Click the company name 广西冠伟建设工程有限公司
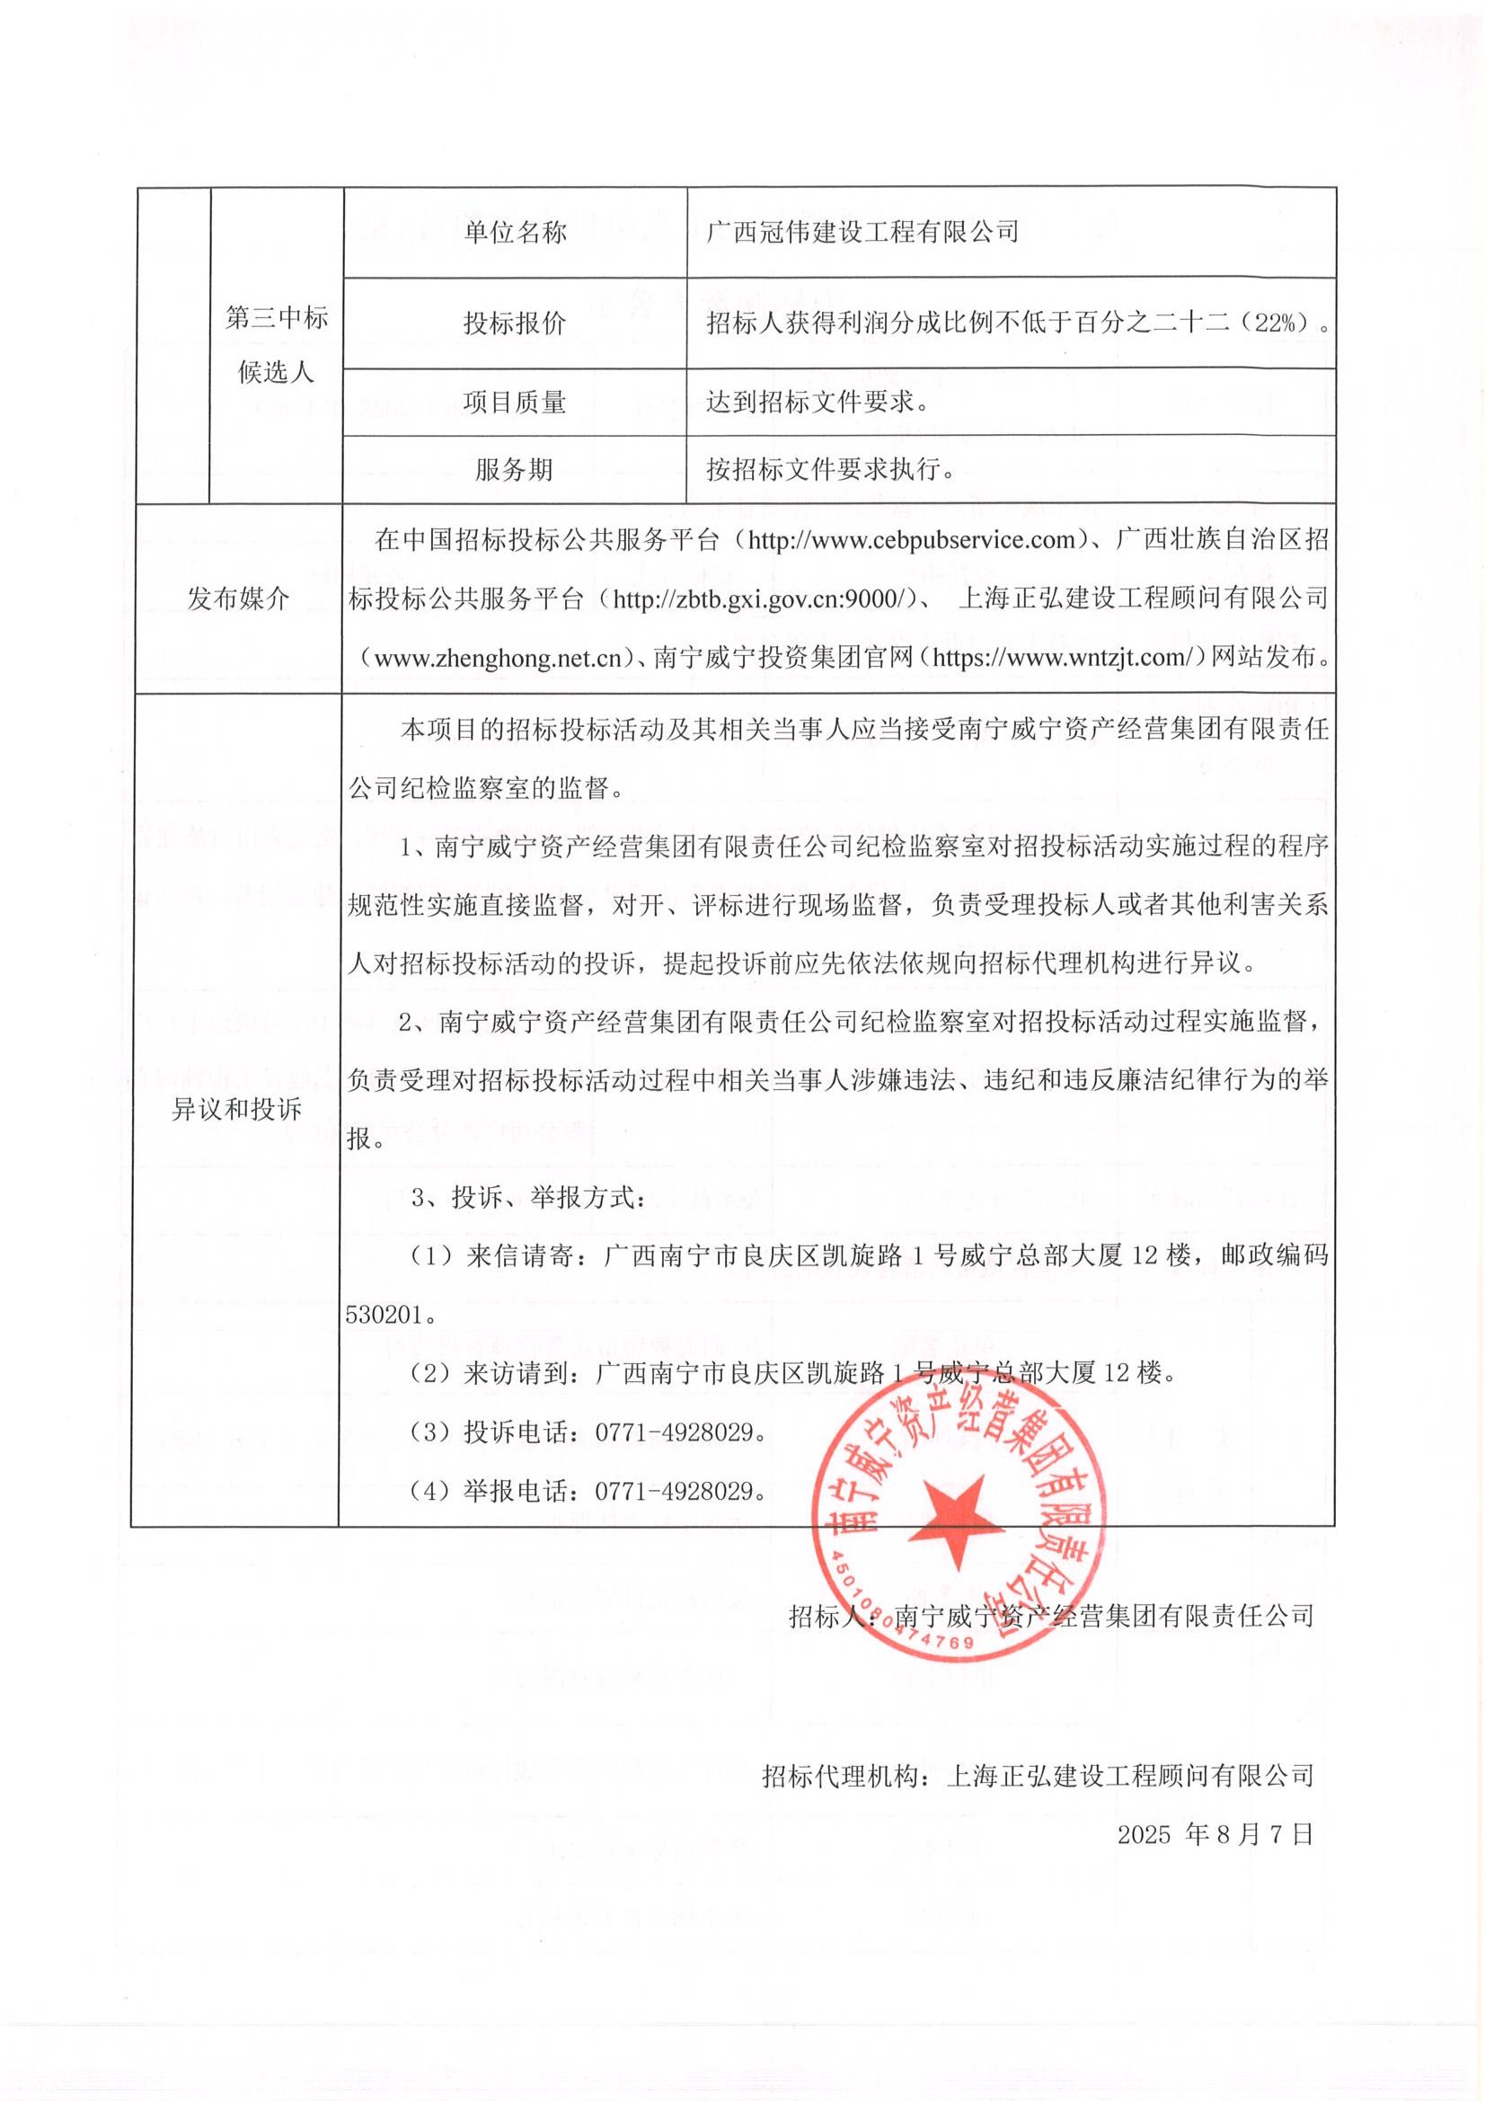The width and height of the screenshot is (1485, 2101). tap(862, 233)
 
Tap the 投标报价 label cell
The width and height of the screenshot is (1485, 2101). tap(514, 323)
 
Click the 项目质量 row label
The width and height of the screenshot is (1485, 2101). tap(514, 402)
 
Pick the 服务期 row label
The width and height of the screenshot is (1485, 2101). tap(514, 470)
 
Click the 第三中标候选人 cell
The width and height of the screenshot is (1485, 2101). tap(277, 345)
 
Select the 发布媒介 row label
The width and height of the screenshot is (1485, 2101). tap(238, 599)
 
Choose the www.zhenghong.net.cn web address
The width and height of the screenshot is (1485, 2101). tap(499, 658)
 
